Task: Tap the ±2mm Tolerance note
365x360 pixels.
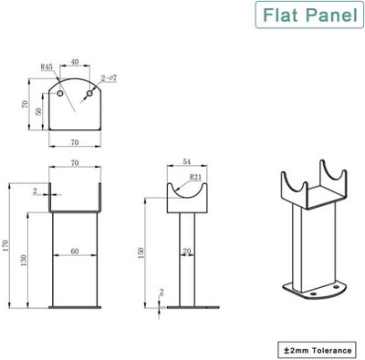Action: click(316, 347)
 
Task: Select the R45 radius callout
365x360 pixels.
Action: click(47, 66)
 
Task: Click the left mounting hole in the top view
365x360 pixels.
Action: click(61, 94)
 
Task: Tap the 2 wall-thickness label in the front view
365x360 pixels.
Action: click(35, 190)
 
